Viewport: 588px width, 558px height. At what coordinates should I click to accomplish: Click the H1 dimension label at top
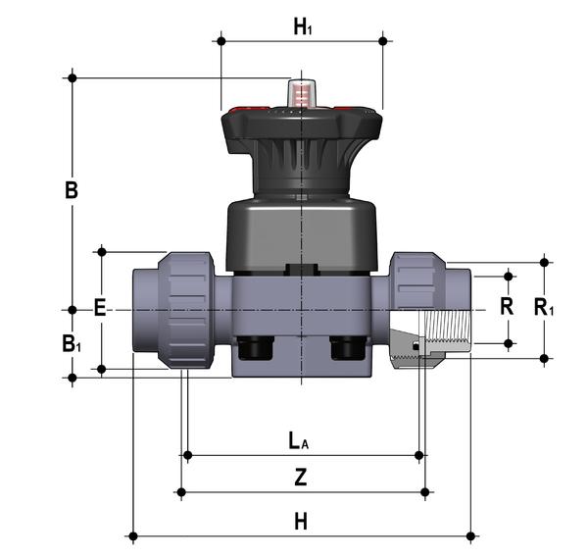click(x=303, y=27)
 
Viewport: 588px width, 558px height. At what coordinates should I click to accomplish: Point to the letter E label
click(x=99, y=308)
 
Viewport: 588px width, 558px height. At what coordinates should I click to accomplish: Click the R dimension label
click(x=507, y=306)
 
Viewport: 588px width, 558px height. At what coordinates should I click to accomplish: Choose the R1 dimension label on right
click(x=544, y=307)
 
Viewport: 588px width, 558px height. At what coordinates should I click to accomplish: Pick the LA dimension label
click(x=300, y=440)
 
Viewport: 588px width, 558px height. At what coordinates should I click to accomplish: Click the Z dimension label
click(x=301, y=478)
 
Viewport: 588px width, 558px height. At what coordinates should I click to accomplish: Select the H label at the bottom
click(x=301, y=522)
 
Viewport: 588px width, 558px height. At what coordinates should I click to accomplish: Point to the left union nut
click(x=184, y=309)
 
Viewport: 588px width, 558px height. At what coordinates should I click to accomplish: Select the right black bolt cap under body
click(x=346, y=347)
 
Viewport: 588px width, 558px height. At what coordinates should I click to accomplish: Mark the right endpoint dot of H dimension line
click(x=471, y=535)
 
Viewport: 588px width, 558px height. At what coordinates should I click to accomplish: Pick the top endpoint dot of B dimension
click(x=72, y=76)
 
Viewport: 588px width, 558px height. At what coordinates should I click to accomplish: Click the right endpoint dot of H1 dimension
click(x=383, y=40)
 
